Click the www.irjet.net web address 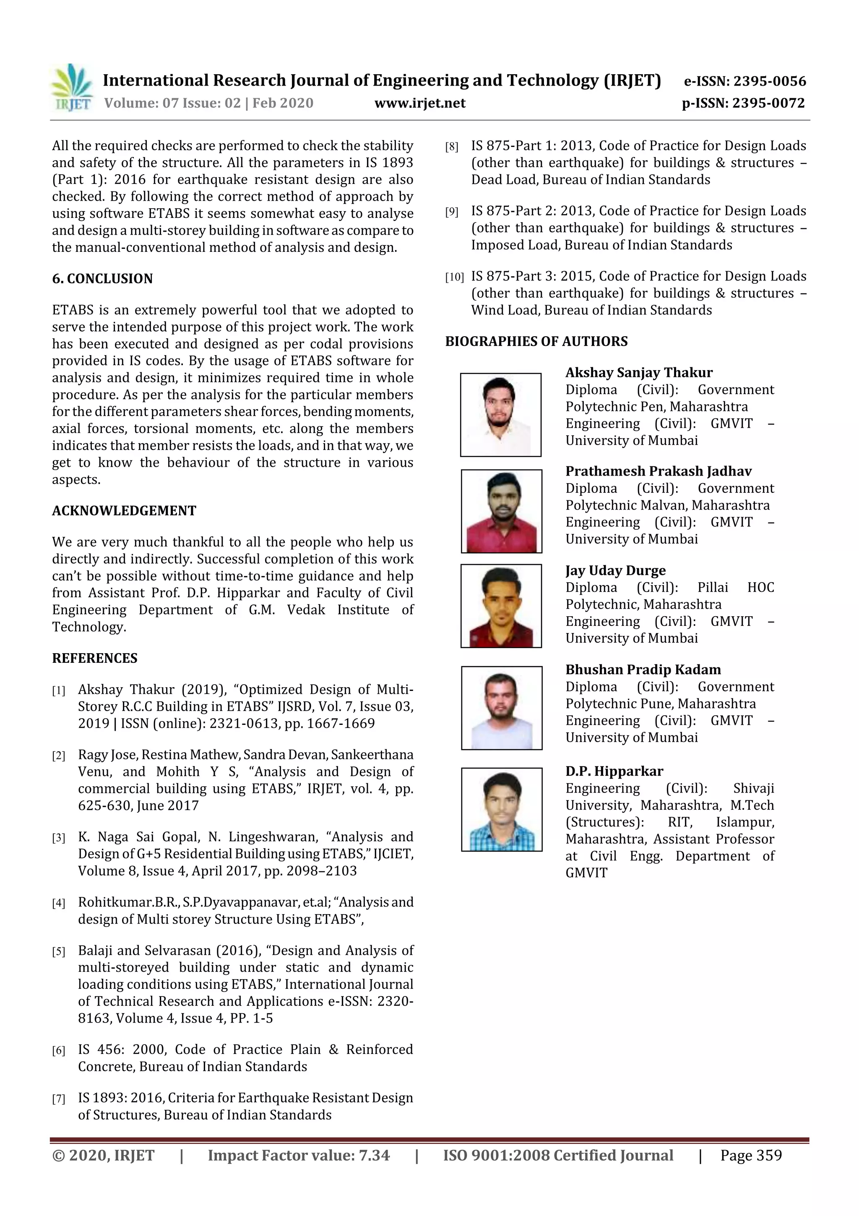click(x=420, y=103)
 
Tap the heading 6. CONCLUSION click(x=102, y=279)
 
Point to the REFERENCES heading click(x=94, y=658)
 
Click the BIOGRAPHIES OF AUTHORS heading click(x=536, y=341)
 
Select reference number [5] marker click(x=58, y=952)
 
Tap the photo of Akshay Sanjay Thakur click(x=500, y=415)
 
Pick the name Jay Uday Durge click(x=615, y=570)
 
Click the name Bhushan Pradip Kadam click(x=643, y=669)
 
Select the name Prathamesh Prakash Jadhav click(x=658, y=471)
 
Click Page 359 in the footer click(x=750, y=1155)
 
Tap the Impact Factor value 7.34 click(x=299, y=1155)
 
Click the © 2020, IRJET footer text click(x=103, y=1155)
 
